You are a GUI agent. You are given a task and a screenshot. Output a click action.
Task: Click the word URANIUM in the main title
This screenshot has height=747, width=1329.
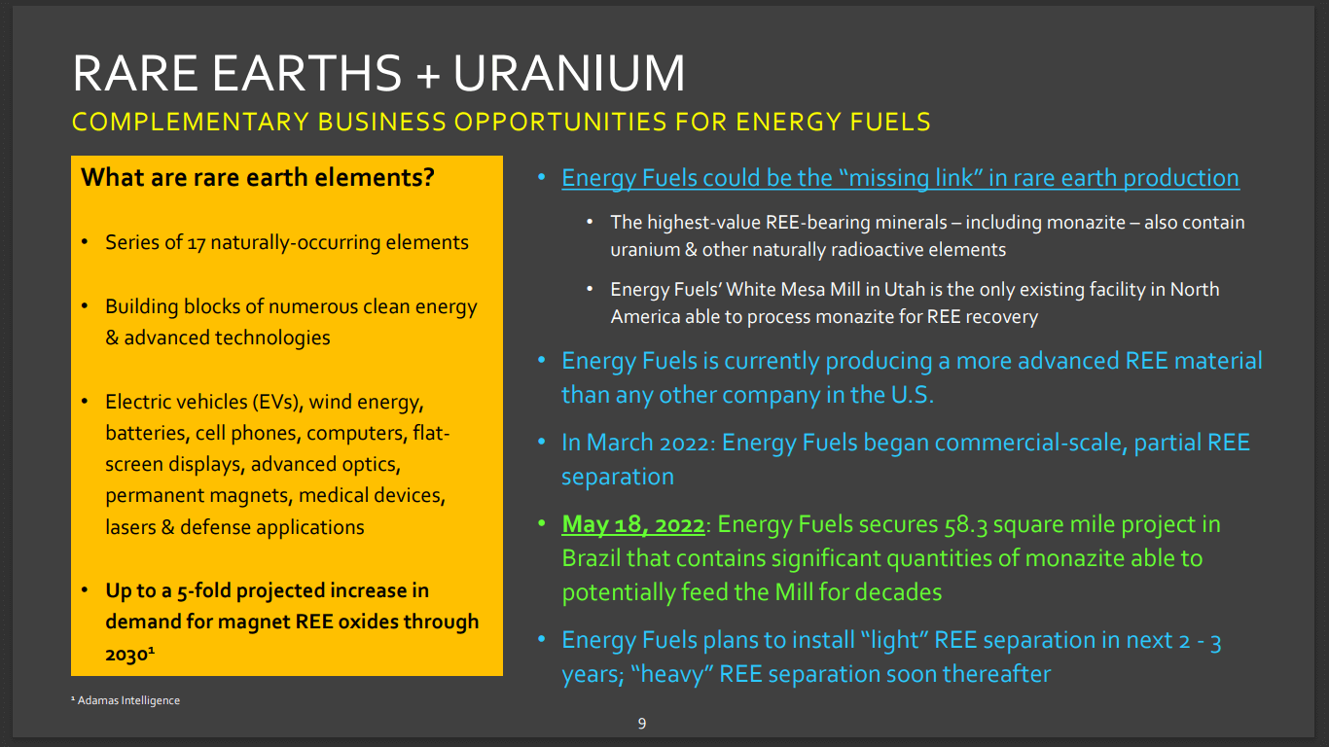(570, 74)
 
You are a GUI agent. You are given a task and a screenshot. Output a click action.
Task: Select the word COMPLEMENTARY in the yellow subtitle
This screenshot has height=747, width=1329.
(188, 122)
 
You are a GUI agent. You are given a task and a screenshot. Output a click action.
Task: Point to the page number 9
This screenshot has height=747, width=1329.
(642, 723)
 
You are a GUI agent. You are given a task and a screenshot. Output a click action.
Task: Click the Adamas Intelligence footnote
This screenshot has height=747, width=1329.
(126, 700)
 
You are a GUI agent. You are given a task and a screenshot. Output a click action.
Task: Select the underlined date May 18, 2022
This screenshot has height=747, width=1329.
(632, 524)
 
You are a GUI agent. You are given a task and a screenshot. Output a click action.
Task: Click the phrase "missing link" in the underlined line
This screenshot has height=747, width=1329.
(908, 178)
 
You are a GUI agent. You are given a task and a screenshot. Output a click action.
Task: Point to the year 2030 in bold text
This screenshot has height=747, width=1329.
(126, 655)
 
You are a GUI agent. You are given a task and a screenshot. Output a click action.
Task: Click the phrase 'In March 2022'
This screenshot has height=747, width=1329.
(637, 443)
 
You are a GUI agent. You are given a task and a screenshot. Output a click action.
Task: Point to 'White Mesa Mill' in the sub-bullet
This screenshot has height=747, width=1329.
(789, 289)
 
